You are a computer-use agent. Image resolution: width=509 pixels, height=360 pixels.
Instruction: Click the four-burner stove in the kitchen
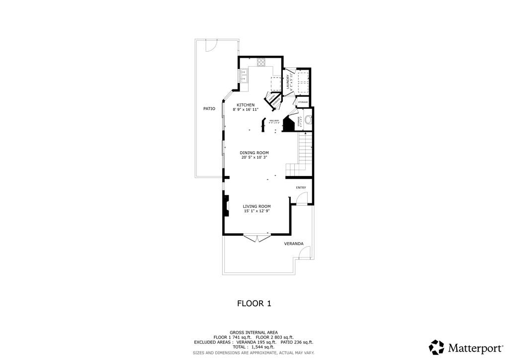[261, 62]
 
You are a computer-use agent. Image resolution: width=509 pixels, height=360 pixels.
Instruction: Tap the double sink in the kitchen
[243, 76]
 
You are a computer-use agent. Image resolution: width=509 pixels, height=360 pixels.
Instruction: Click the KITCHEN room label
[246, 105]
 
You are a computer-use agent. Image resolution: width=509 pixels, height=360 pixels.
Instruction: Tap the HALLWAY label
[274, 120]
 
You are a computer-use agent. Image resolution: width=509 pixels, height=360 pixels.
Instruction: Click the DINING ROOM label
[254, 153]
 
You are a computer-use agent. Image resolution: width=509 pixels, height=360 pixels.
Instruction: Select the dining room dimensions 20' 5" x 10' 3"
[254, 158]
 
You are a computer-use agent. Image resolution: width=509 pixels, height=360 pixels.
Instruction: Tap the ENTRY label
[301, 187]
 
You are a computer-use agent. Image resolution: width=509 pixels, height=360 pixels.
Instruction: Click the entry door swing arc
[301, 199]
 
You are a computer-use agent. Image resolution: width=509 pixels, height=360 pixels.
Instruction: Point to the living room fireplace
[226, 206]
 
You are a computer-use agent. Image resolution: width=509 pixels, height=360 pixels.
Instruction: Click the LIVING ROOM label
[256, 206]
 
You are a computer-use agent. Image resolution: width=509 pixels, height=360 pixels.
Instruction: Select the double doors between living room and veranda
[256, 238]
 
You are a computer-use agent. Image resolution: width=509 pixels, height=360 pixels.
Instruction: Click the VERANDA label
[293, 244]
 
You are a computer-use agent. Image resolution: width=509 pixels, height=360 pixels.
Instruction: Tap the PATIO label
[209, 108]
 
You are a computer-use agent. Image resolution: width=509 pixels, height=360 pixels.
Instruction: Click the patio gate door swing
[211, 45]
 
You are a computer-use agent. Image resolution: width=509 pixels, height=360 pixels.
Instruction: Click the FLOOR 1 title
[254, 303]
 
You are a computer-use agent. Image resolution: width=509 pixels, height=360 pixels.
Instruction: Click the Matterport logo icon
[436, 347]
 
